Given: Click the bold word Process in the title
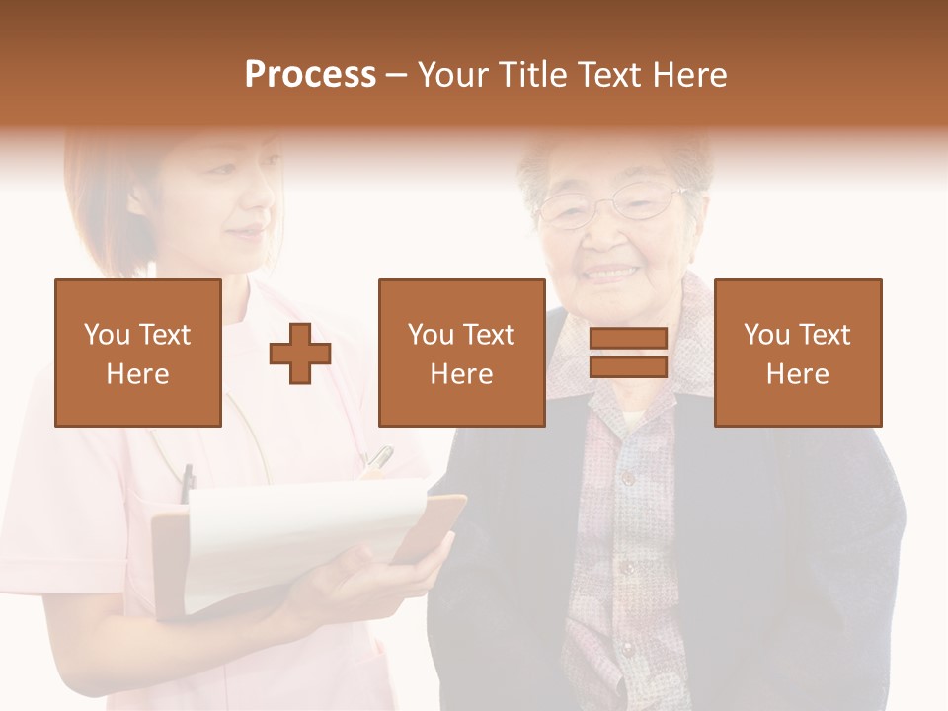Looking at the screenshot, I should [310, 75].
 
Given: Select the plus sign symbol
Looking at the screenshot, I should [300, 354].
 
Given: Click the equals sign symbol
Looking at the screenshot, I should [628, 353].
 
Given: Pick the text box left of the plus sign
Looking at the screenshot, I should [138, 353].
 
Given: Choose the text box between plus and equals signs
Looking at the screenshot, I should [461, 353].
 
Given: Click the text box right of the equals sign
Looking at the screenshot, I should [797, 353].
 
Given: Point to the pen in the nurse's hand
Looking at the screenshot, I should [378, 459].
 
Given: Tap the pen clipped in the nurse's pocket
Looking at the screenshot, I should [188, 484].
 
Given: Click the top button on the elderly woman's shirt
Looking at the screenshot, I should [625, 478].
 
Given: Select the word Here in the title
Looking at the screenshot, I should [692, 75].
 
